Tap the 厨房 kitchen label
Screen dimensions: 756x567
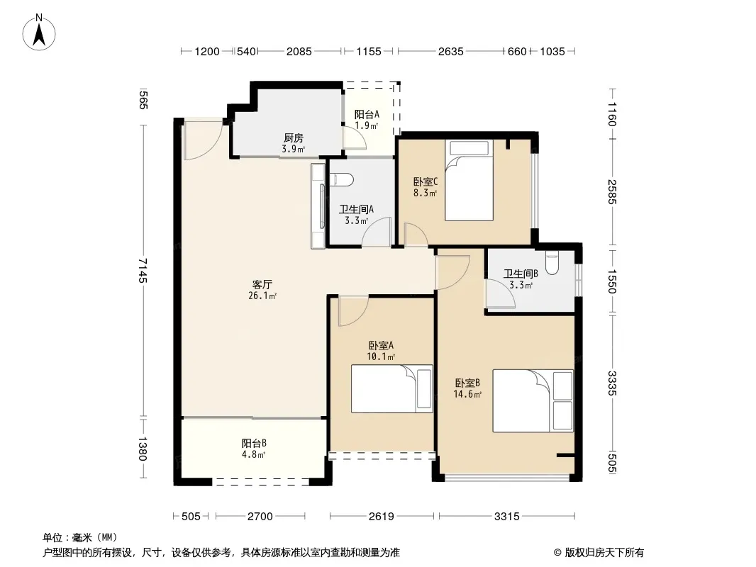click(293, 138)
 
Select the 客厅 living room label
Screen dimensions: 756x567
click(262, 284)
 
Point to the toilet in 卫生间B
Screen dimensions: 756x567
click(552, 263)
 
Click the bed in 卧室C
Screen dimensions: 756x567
click(469, 180)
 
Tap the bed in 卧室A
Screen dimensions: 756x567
click(391, 389)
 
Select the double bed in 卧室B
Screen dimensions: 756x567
click(533, 401)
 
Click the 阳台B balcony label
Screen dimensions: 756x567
click(254, 443)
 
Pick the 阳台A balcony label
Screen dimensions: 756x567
click(367, 115)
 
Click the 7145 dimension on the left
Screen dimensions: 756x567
click(143, 270)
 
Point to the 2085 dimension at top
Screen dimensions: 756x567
click(299, 51)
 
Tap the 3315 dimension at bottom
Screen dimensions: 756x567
click(507, 517)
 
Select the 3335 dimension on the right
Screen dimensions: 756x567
click(612, 383)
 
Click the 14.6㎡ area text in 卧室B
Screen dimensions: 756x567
click(467, 395)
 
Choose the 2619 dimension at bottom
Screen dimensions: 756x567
click(382, 517)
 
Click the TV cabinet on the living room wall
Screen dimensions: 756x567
click(318, 206)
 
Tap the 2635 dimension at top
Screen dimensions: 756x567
click(451, 51)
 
